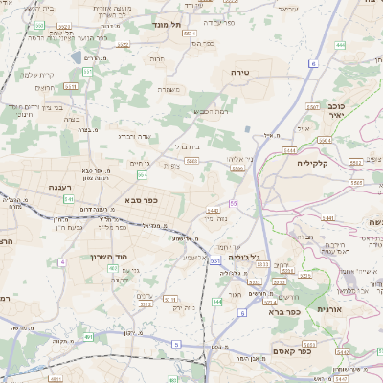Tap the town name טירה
click(x=239, y=73)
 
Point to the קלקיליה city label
click(x=312, y=163)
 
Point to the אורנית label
click(x=355, y=310)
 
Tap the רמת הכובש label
click(x=212, y=112)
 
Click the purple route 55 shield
click(x=234, y=203)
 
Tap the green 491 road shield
click(x=89, y=337)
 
